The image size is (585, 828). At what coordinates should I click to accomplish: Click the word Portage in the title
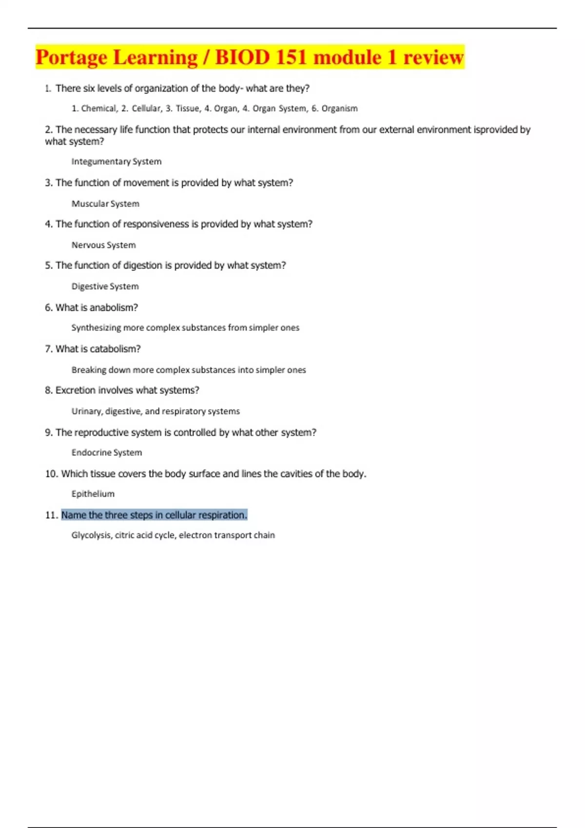tap(71, 57)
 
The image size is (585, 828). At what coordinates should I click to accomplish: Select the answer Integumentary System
tap(116, 162)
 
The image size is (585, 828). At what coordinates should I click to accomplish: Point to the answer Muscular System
tap(105, 204)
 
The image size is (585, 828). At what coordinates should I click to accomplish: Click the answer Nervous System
tap(103, 245)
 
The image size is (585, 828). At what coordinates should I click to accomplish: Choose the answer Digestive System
tap(105, 286)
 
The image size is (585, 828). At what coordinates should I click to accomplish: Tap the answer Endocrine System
tap(107, 452)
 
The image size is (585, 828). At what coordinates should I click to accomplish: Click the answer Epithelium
tap(93, 494)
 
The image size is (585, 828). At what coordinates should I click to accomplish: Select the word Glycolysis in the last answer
tap(92, 535)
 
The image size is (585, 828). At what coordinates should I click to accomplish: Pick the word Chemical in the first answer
tap(99, 109)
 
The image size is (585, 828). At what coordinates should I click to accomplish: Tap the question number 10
tap(51, 474)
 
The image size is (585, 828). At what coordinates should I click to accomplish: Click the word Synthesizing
tap(96, 328)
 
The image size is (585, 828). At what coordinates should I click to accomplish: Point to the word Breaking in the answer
tap(89, 370)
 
